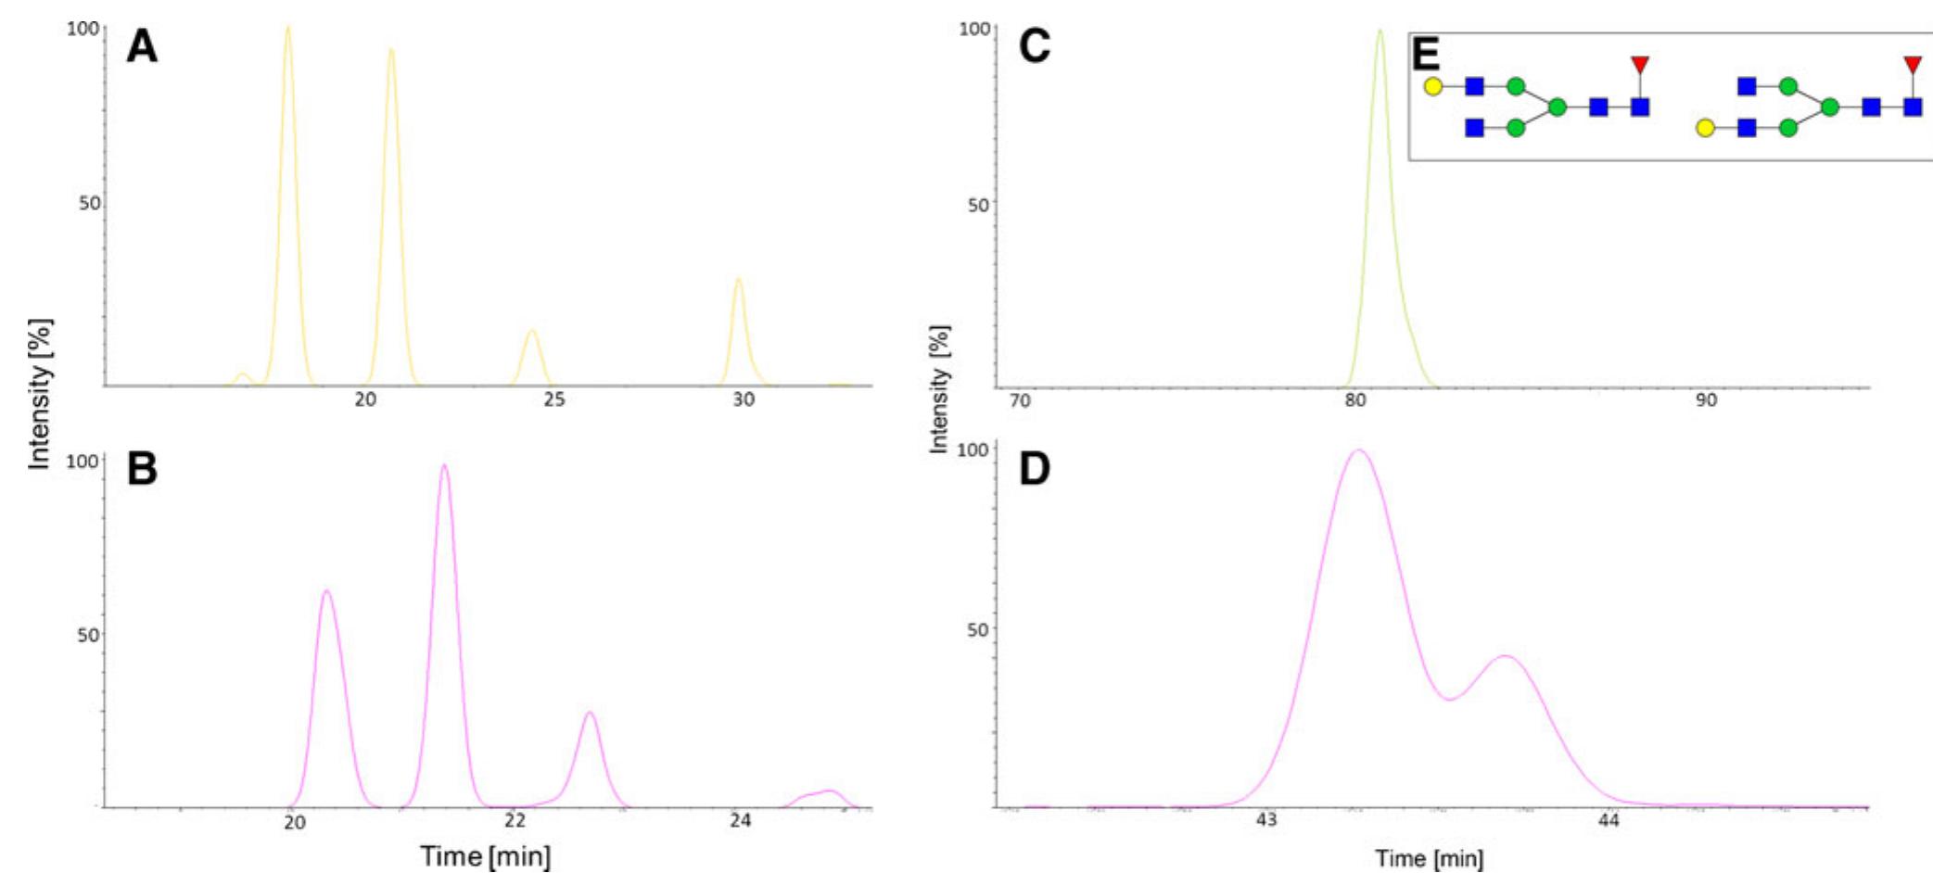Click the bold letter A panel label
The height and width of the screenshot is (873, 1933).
click(142, 46)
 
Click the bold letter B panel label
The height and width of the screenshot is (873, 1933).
click(142, 469)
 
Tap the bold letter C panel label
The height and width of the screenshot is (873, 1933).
click(1035, 46)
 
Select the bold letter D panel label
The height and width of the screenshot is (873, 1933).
click(1035, 469)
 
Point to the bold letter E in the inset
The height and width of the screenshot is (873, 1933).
click(1426, 56)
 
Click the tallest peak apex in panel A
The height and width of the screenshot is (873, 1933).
click(287, 27)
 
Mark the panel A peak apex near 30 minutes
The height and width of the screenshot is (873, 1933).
click(738, 279)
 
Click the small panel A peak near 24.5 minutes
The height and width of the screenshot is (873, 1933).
click(531, 331)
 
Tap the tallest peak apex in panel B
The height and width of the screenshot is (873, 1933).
click(444, 465)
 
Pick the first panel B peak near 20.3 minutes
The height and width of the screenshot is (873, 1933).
click(325, 590)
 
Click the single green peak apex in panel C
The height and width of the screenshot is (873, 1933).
click(1380, 31)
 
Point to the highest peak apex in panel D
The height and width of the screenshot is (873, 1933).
click(1359, 450)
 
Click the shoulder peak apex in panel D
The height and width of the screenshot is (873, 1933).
click(1505, 656)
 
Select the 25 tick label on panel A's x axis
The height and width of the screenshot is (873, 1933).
click(554, 399)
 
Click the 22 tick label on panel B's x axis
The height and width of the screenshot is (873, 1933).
click(515, 820)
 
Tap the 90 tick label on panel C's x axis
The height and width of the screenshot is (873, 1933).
click(1706, 400)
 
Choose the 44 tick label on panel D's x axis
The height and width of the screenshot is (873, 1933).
click(1609, 820)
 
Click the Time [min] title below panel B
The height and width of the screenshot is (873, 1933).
click(485, 855)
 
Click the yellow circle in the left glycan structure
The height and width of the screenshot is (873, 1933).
click(1432, 86)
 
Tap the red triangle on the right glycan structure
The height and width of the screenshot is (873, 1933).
click(1913, 65)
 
